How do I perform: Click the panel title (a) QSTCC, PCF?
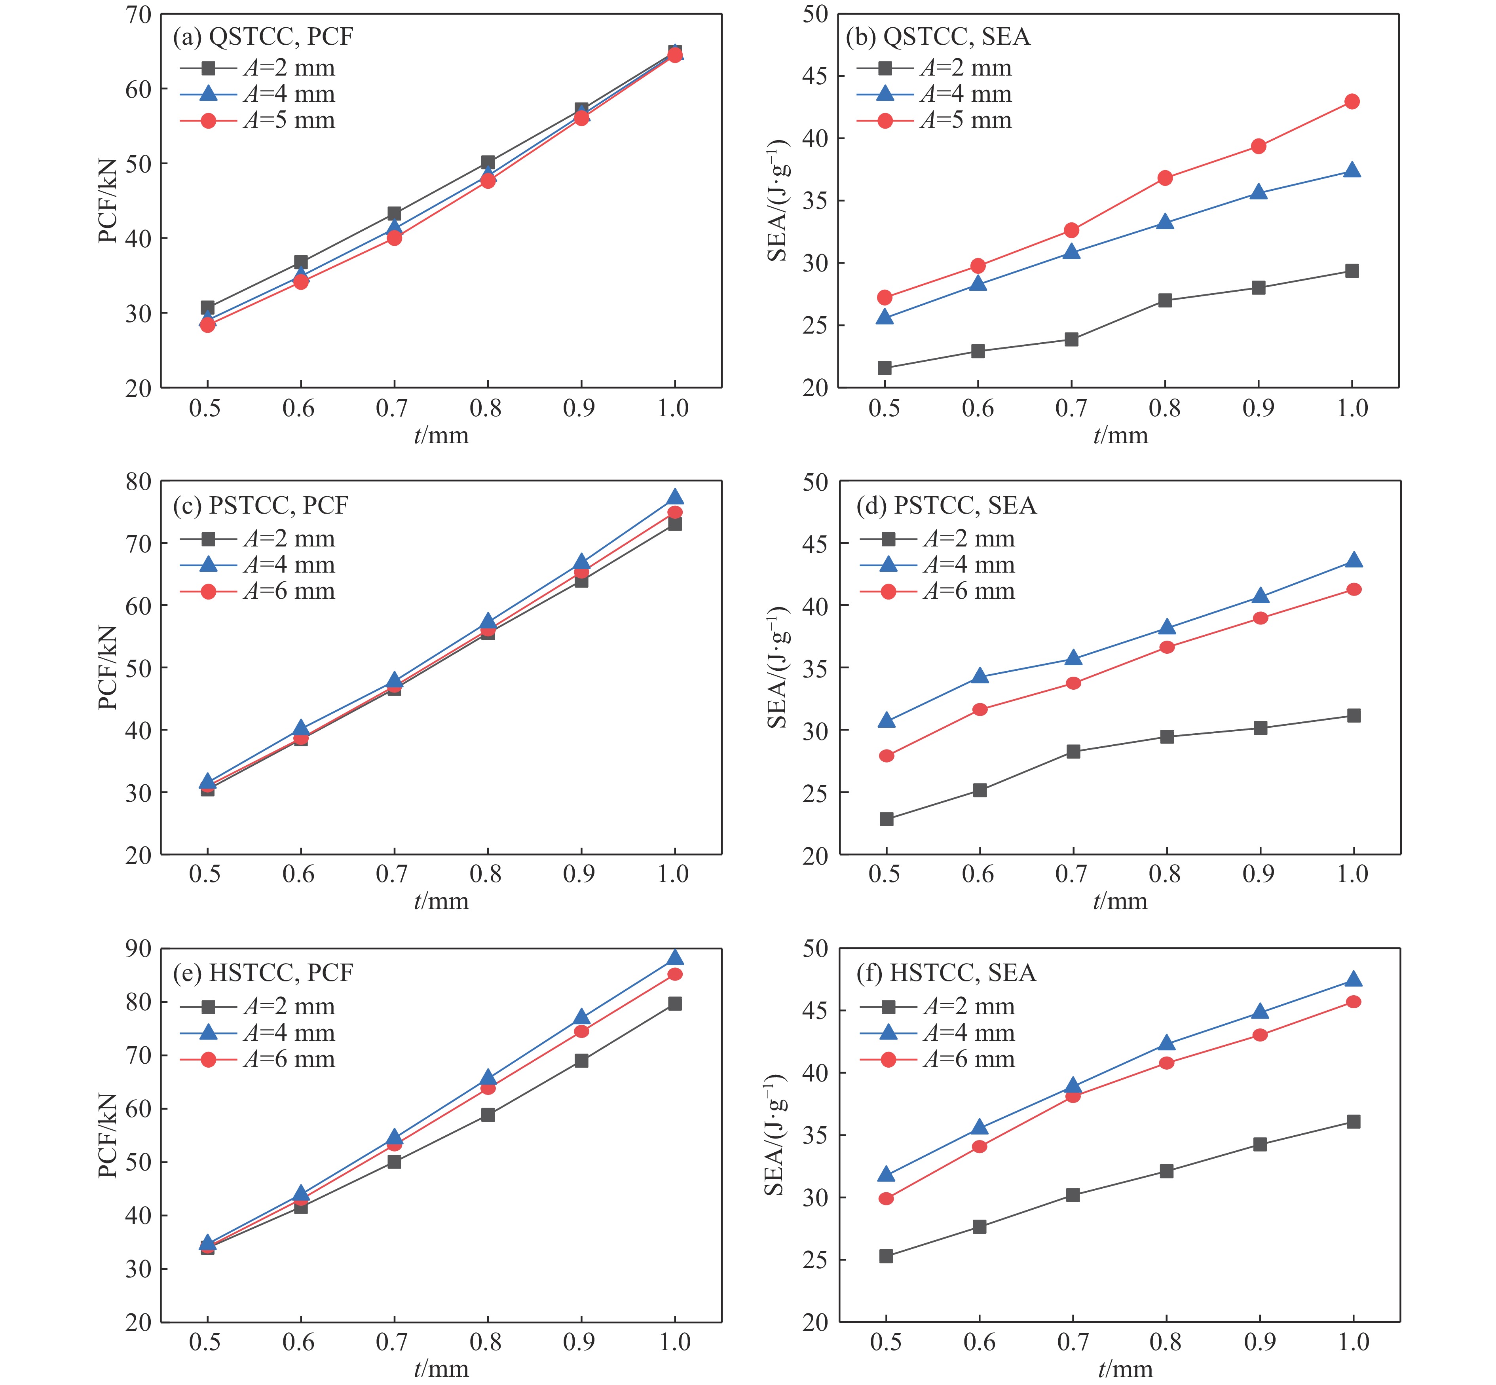point(262,37)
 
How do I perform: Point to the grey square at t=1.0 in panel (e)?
point(674,1004)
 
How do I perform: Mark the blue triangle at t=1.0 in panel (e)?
point(674,957)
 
